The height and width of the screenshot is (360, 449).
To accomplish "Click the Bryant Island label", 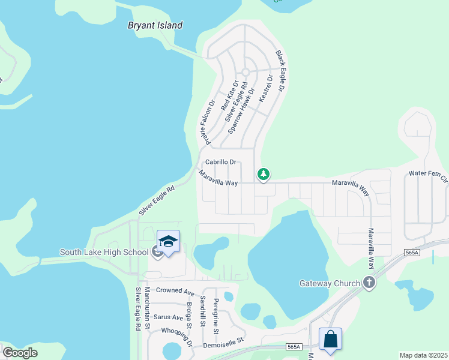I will tap(155, 25).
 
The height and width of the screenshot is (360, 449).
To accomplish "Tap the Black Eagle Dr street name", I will tap(282, 70).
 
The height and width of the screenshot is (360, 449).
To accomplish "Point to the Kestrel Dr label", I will tap(265, 88).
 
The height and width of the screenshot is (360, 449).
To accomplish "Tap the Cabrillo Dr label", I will tap(221, 162).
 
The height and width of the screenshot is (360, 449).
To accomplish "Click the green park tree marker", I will tap(263, 174).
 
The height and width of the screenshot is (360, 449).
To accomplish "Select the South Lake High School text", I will tap(104, 252).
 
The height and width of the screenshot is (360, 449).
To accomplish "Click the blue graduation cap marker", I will tap(168, 241).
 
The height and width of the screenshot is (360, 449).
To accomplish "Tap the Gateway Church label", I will tap(330, 283).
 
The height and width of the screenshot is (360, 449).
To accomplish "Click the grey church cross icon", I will tap(369, 283).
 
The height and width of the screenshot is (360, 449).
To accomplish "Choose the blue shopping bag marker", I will tap(330, 339).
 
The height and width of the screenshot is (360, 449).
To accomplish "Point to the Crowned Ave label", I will tap(175, 291).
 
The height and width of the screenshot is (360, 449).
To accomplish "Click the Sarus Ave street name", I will tap(169, 317).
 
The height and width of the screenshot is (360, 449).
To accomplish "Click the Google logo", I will tap(20, 352).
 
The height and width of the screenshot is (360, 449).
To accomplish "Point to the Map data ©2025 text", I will tap(423, 355).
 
